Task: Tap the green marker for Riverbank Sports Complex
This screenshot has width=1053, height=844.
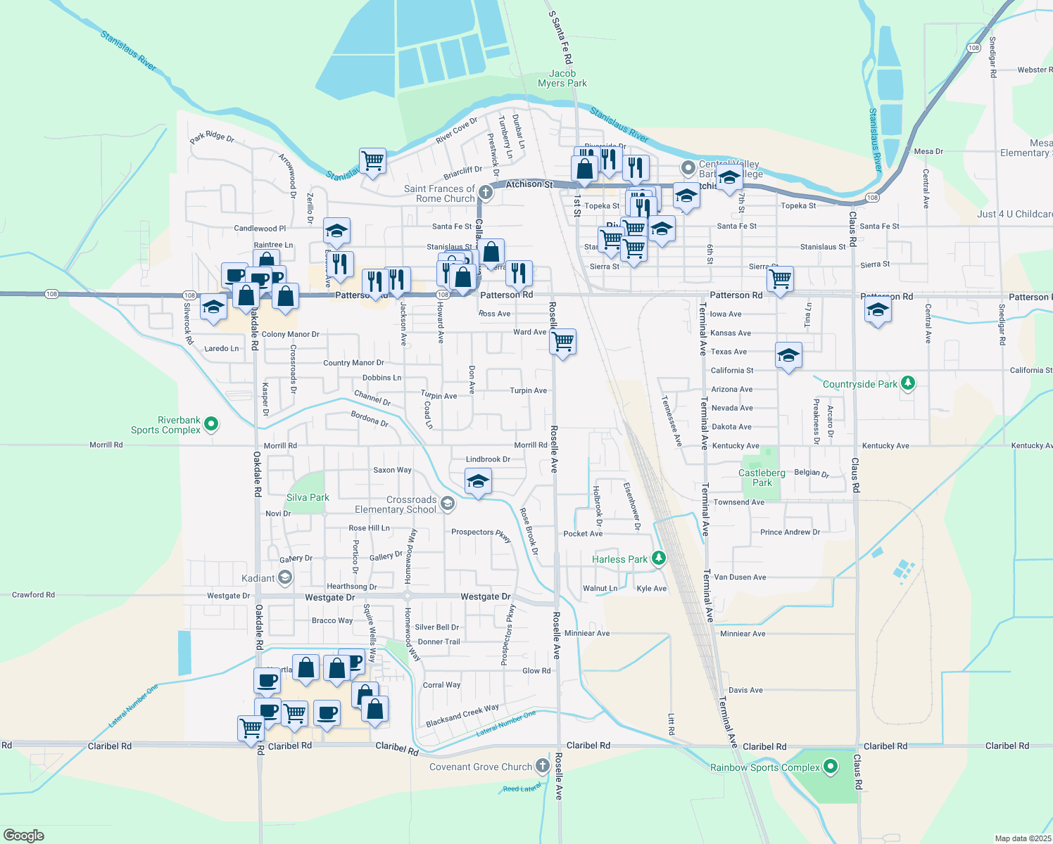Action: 211,424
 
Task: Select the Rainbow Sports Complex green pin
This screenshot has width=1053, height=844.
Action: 831,767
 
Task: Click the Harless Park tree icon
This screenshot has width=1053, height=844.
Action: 659,558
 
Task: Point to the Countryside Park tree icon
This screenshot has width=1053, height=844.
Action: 908,383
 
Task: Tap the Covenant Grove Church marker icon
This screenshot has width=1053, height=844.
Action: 542,765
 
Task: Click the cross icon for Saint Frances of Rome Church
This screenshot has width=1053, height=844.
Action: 485,192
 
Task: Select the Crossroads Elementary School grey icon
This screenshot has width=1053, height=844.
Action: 447,503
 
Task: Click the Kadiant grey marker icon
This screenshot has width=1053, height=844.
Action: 285,578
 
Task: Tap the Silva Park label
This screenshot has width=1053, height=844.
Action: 308,497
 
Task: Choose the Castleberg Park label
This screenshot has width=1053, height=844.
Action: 762,478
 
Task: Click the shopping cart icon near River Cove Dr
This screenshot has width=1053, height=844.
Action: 372,160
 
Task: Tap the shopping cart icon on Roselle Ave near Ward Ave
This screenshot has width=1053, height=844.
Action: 563,342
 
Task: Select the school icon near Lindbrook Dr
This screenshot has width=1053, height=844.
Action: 478,482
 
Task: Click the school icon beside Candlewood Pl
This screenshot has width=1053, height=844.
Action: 336,231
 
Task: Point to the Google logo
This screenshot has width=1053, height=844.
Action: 24,836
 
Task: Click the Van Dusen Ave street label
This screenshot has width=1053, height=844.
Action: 740,577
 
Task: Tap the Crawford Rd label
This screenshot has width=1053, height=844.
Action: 33,595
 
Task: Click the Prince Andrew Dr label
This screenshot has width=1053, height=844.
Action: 790,532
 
